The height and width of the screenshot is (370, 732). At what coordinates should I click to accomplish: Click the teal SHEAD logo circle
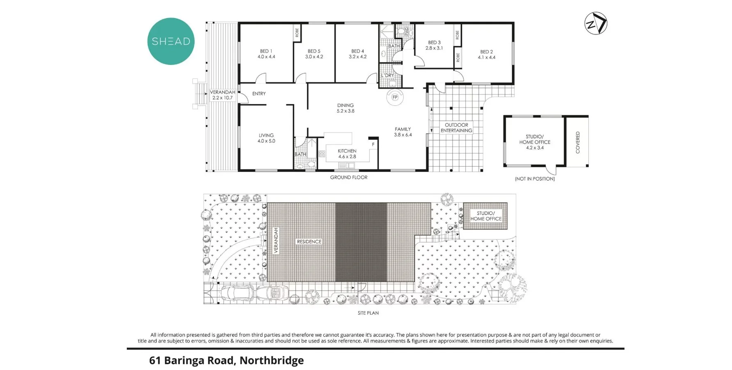coord(171,41)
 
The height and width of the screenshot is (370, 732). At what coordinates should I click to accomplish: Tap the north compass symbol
coord(596,23)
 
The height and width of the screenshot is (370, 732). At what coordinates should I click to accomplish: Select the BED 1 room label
coord(266,51)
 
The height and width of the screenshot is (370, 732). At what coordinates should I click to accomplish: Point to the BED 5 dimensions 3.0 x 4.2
coord(314,57)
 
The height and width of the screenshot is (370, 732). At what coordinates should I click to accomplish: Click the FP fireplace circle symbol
coord(395,98)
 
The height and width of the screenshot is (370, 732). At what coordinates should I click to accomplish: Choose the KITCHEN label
coord(347,151)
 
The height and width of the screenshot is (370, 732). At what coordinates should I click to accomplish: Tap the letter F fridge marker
coord(373,145)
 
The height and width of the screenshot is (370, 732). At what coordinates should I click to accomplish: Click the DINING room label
coord(345,105)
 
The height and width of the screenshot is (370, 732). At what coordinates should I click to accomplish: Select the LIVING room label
coord(266,135)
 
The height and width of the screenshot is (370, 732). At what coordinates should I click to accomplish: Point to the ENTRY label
coord(259,94)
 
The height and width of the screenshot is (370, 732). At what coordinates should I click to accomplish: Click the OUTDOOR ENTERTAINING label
coord(456,128)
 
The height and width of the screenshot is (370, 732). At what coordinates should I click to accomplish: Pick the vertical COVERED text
coord(578,142)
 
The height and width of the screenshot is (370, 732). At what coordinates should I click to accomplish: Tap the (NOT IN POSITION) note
coord(535,179)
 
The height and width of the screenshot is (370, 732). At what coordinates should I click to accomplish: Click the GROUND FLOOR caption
coord(349,177)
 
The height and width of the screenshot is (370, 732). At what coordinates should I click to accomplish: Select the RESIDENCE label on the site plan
coord(309,242)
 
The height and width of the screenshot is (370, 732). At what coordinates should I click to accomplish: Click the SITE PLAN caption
coord(368,313)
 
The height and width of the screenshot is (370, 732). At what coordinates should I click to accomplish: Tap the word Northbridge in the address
coord(272,361)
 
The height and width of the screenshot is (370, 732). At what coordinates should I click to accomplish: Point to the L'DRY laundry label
coord(387,75)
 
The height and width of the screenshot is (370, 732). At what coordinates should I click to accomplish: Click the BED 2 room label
coord(487,52)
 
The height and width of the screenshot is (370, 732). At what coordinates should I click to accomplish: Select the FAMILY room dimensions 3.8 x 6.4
coord(403,135)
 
